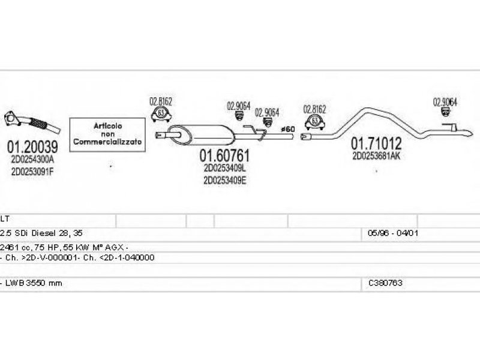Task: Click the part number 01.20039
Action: (x=32, y=146)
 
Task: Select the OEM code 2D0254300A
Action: (x=32, y=160)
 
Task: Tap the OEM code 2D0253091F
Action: (x=32, y=171)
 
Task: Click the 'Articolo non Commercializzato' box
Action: (x=108, y=134)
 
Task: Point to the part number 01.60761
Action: (x=224, y=156)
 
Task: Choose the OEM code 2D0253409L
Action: (x=224, y=169)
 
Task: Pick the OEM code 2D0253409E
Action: (x=224, y=180)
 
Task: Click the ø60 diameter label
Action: (x=288, y=129)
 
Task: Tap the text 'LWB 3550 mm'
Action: (x=36, y=283)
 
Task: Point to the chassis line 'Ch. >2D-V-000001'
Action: (x=78, y=257)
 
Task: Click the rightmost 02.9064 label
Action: (x=445, y=101)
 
